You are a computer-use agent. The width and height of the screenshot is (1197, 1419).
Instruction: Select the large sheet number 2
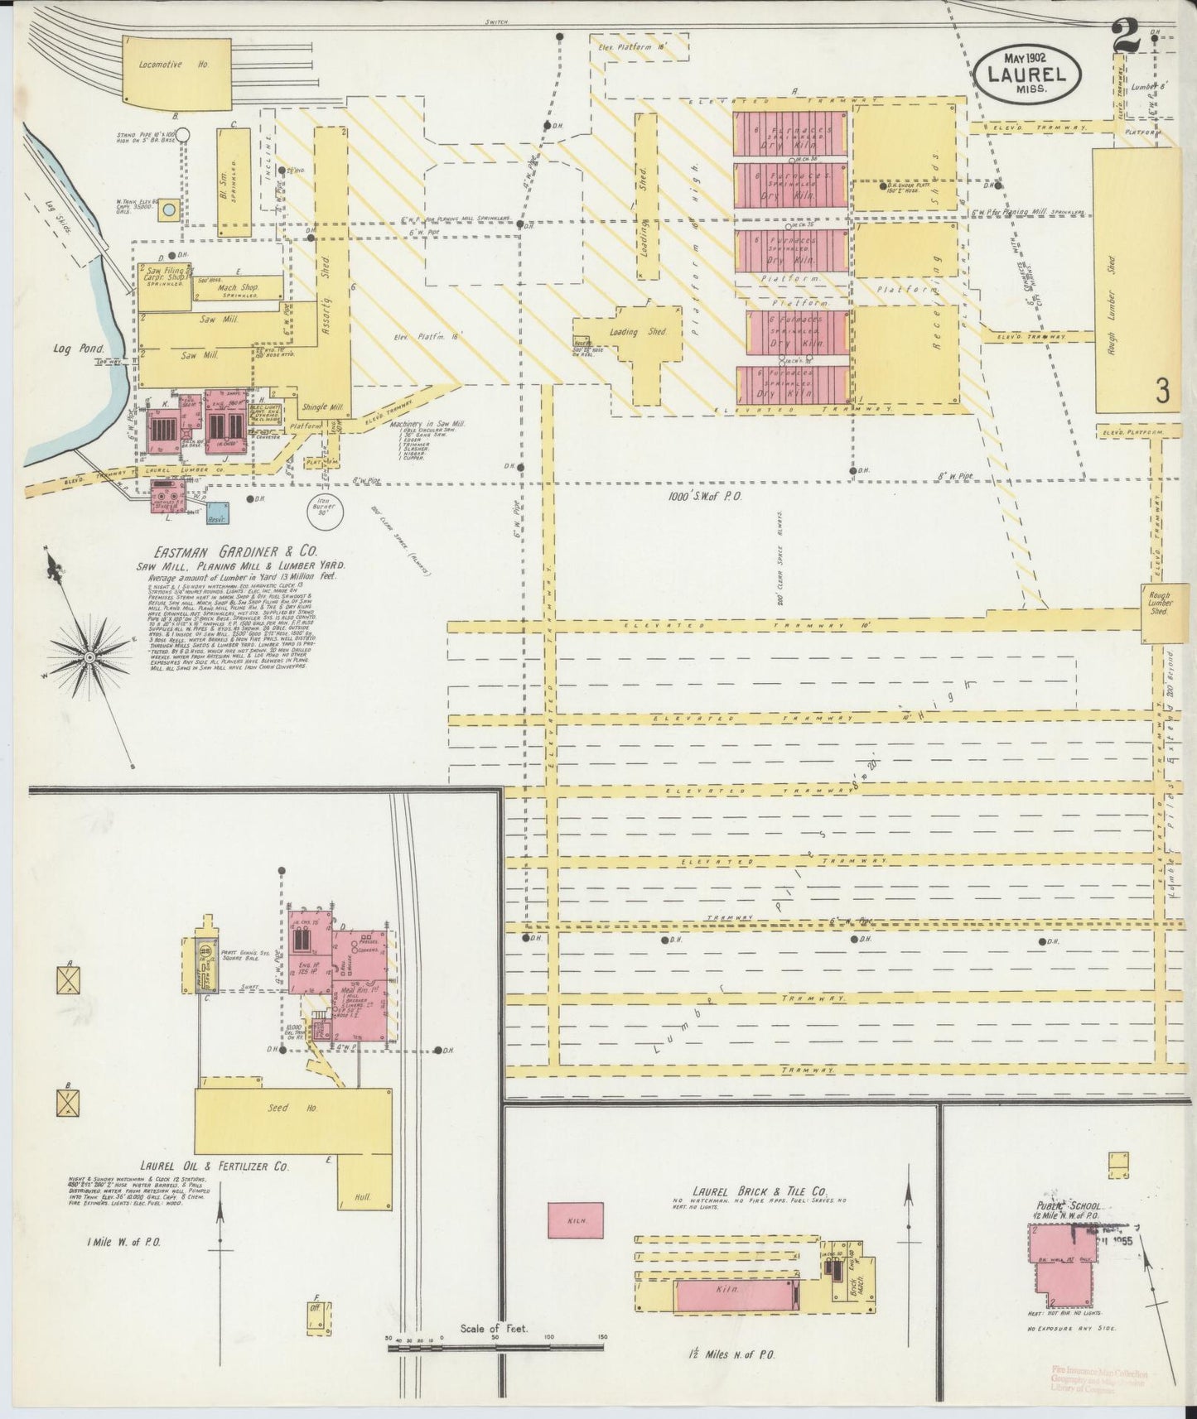click(1124, 36)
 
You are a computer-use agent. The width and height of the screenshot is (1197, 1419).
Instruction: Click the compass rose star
click(88, 657)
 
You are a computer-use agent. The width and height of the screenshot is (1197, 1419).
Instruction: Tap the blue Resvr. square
click(218, 513)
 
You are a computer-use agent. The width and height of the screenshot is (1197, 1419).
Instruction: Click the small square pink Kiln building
click(575, 1221)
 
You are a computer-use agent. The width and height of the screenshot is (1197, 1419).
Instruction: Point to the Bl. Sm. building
click(234, 182)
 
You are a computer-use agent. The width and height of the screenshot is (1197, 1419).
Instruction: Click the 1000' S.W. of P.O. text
click(703, 497)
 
